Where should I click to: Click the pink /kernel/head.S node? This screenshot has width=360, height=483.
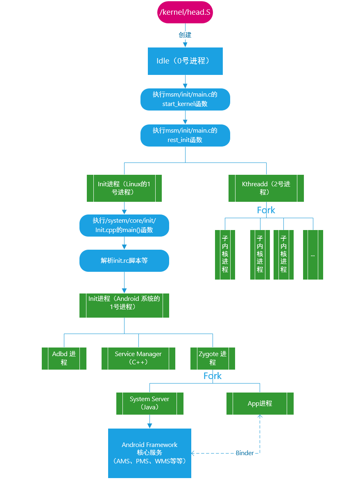(185, 12)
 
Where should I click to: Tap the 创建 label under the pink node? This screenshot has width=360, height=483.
(185, 35)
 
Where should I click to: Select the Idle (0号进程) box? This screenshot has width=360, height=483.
(185, 61)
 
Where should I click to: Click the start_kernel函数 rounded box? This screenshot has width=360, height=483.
(185, 99)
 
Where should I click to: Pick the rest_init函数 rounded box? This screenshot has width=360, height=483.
(185, 135)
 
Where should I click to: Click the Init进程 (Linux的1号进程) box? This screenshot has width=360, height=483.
(124, 188)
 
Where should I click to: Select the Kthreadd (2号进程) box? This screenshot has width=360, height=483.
(266, 188)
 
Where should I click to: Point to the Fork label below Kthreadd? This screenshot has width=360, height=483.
(266, 210)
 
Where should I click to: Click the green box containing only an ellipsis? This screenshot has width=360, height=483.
(313, 255)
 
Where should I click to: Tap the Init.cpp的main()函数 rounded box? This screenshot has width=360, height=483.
(124, 226)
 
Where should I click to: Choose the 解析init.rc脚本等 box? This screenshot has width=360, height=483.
(124, 260)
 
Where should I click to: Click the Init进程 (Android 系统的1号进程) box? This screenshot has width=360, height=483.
(124, 305)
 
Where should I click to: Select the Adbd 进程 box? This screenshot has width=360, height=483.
(64, 358)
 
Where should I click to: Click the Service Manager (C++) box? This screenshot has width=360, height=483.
(138, 358)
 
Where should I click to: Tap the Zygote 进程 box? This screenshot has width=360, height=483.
(213, 358)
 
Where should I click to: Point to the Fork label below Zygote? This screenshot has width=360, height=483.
(213, 376)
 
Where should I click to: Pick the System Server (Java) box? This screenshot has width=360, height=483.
(149, 403)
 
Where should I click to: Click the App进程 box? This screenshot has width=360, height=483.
(260, 403)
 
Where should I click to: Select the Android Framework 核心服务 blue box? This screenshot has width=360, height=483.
(149, 453)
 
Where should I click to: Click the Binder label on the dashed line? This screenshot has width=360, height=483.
(245, 453)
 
